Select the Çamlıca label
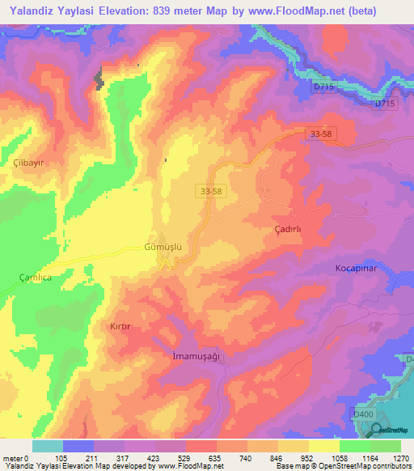click(x=35, y=277)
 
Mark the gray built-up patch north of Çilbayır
click(x=100, y=79)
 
